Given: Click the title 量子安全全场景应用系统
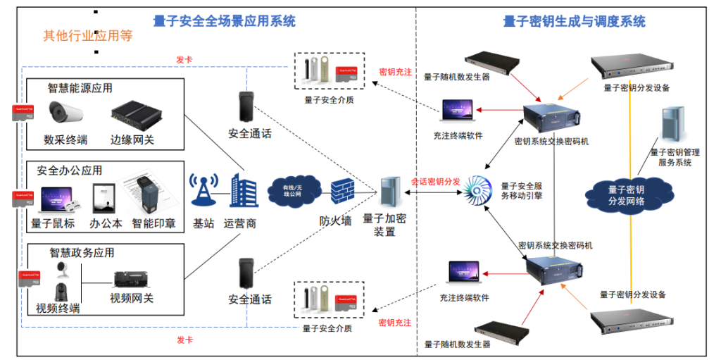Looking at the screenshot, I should [x=225, y=21].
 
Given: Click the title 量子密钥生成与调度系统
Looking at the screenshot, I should [x=574, y=21].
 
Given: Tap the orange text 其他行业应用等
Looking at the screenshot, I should [x=88, y=36].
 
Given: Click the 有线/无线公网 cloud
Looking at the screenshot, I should [x=290, y=189].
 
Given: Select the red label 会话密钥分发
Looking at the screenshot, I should [x=435, y=182].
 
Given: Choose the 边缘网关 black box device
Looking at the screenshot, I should [x=133, y=113].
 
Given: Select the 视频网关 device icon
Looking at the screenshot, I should [x=132, y=279].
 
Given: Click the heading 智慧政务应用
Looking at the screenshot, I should [x=82, y=252].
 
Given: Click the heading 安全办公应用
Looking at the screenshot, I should [x=70, y=170].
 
